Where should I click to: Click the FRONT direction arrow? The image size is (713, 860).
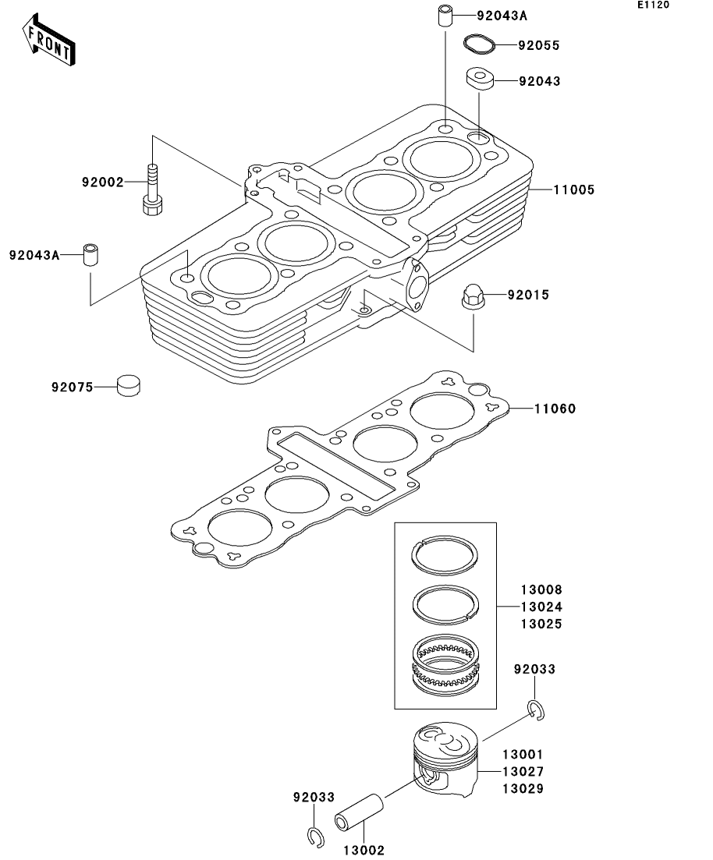48,40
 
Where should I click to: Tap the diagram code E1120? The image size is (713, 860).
653,5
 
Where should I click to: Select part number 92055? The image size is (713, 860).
538,45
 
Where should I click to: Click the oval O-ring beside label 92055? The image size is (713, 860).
479,44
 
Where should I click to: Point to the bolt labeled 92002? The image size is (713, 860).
152,189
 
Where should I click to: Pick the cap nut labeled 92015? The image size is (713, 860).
474,296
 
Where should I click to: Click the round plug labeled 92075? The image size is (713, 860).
129,385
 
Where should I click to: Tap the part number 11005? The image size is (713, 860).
573,189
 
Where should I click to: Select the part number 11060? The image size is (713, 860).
555,409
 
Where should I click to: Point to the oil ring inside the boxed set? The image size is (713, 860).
445,665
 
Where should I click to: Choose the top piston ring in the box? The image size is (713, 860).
445,556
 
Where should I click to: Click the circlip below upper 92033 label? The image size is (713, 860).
537,710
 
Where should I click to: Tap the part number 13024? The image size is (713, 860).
541,607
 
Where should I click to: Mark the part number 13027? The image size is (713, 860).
523,772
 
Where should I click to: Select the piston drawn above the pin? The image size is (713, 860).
445,759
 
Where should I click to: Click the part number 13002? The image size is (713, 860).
364,850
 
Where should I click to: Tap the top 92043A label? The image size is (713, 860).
502,16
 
